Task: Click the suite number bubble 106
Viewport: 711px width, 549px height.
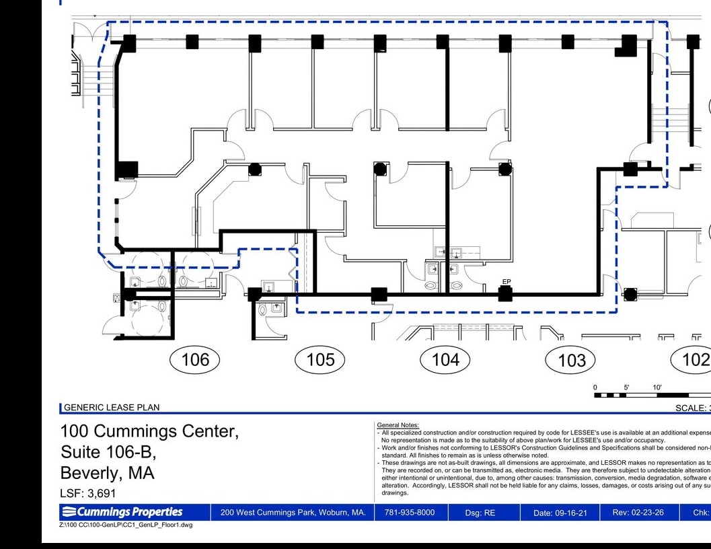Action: [x=195, y=359]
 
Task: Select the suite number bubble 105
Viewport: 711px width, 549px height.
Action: [x=320, y=359]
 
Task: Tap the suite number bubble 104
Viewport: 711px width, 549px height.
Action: [x=445, y=359]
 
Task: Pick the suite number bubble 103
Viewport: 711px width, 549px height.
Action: [x=572, y=360]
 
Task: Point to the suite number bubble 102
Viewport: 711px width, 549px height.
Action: [x=693, y=359]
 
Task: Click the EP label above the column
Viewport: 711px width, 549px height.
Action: [x=507, y=282]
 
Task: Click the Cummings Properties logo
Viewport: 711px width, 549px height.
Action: [x=127, y=512]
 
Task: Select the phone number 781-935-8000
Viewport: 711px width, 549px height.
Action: [x=409, y=513]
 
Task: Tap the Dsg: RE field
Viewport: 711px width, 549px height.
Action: [x=480, y=513]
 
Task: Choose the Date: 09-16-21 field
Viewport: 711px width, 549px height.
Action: [x=560, y=513]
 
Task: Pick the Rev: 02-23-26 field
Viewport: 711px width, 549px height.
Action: [x=638, y=513]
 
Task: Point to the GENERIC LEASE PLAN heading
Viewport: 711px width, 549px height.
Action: [x=112, y=407]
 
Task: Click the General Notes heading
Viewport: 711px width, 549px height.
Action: [x=398, y=425]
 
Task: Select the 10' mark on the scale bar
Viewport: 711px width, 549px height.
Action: [x=657, y=387]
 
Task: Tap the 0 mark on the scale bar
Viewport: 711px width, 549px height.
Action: [x=595, y=387]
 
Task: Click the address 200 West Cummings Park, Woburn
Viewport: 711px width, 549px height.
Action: [x=293, y=513]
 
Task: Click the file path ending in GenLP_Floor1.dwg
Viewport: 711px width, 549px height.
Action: [x=126, y=525]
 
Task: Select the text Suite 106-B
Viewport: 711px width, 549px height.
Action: [x=108, y=451]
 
